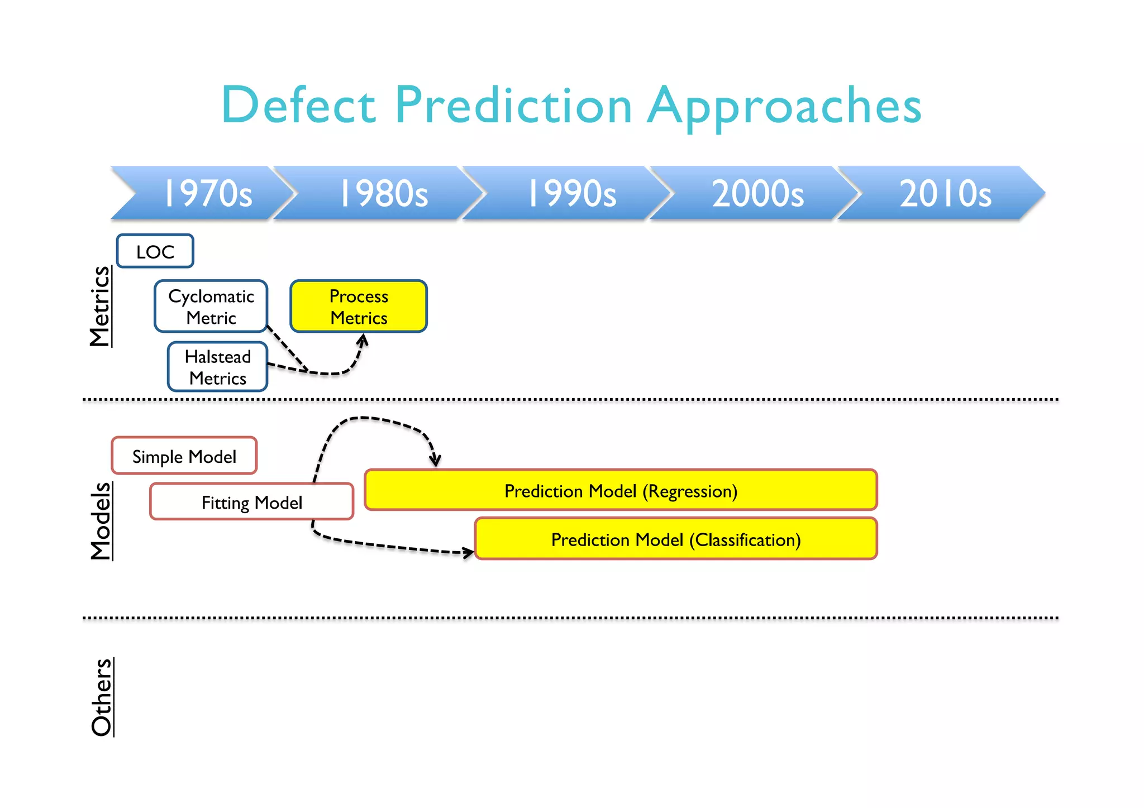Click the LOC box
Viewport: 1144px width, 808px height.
(x=155, y=251)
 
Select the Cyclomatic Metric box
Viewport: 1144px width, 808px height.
(x=211, y=307)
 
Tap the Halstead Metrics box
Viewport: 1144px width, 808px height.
(x=218, y=367)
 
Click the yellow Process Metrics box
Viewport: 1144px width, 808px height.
(x=359, y=307)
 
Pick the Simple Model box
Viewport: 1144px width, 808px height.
(x=184, y=456)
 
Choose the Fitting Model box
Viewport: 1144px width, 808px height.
(x=251, y=502)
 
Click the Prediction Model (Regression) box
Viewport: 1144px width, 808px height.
(x=621, y=490)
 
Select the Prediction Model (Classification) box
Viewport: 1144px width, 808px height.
(x=676, y=539)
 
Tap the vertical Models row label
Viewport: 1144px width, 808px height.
(x=101, y=520)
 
